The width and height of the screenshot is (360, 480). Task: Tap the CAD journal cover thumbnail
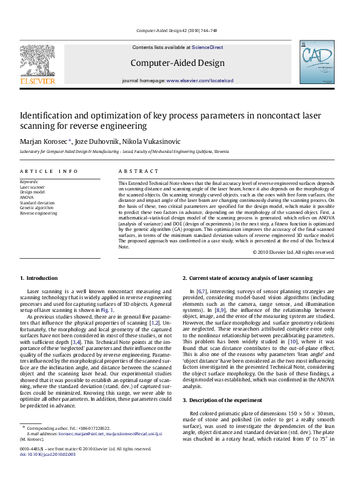coord(312,66)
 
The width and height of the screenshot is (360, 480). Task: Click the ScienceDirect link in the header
coord(208,47)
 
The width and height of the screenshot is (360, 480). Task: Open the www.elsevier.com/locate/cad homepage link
coord(200,80)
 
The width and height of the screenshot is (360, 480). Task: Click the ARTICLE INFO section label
coord(49,172)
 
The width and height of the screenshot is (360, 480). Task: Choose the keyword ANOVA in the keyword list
coord(27,197)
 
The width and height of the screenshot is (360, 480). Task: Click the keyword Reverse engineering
coord(39,213)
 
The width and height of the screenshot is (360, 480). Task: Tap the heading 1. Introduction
coord(39,278)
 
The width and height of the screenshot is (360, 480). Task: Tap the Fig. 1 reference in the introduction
coord(107,310)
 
